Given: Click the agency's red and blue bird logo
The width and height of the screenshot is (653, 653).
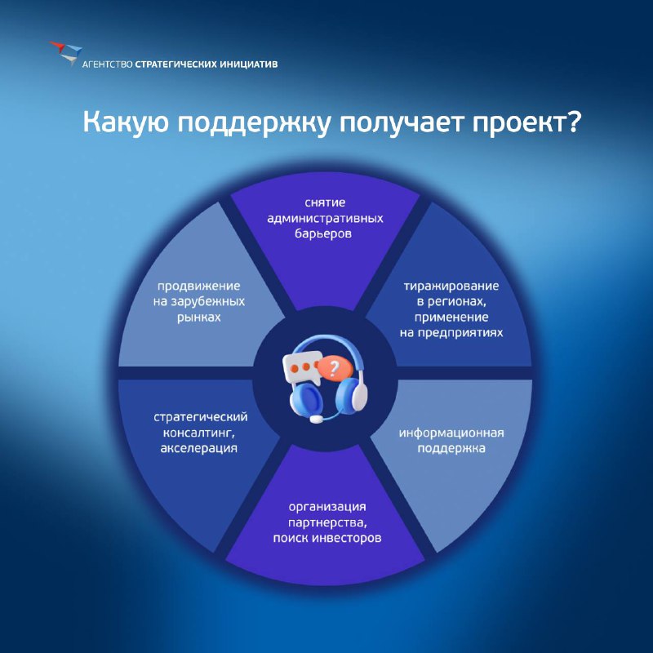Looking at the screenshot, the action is pos(66,53).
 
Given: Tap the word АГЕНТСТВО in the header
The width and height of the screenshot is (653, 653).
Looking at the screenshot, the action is pos(108,64).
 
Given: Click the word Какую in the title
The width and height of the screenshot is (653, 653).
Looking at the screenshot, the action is pos(126,123).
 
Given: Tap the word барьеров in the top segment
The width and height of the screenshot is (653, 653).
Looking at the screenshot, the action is pos(323,233).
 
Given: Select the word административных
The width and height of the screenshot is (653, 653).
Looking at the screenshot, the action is pos(325,218).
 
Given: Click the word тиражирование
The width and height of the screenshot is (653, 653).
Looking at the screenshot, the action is pos(451,287).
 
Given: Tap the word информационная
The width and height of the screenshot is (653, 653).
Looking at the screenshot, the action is pos(451,433).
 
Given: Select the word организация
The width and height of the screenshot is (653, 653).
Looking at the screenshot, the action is pos(327,507).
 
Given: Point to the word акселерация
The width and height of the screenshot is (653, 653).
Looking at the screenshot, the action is pos(199,448).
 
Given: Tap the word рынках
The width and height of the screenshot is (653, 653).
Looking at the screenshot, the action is pos(198,318).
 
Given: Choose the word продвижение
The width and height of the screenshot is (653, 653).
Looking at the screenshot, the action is pos(198,287).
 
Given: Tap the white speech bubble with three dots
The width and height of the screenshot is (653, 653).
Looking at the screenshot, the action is pos(301,367).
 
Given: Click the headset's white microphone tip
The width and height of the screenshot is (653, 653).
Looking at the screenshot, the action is pos(316,419).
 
